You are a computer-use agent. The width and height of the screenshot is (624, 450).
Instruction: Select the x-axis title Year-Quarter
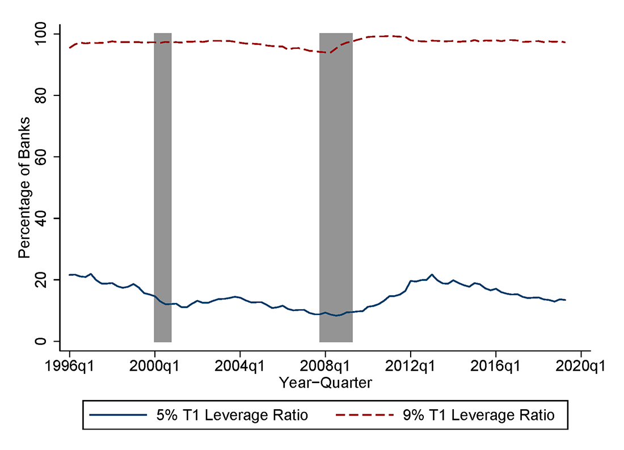click(325, 383)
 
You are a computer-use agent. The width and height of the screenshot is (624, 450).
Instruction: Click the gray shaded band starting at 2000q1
click(163, 187)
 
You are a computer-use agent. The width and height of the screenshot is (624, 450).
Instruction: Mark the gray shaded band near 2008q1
click(336, 187)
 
